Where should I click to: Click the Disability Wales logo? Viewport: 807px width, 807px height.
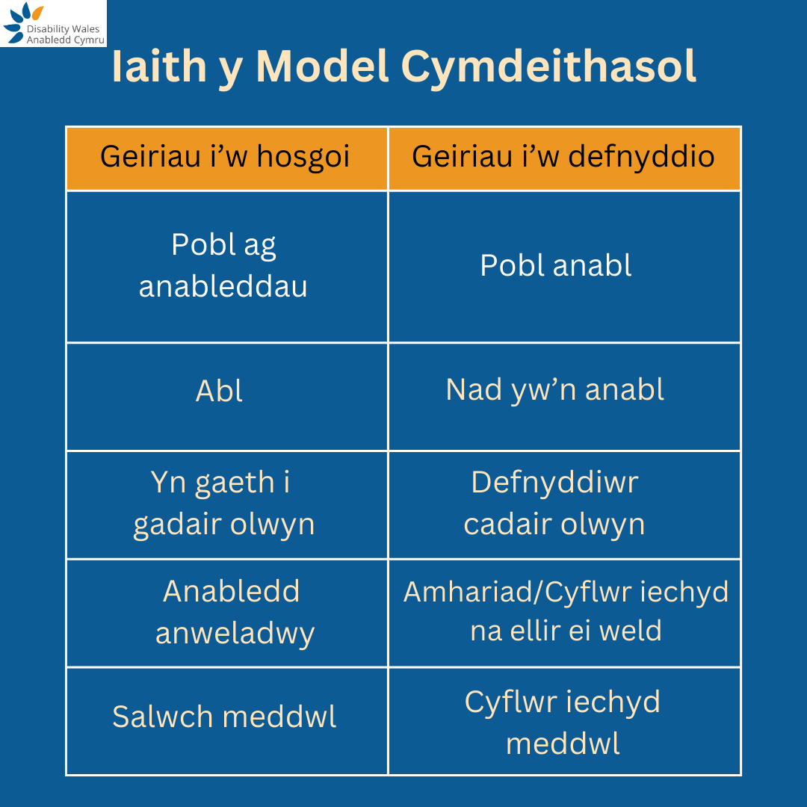click(x=52, y=24)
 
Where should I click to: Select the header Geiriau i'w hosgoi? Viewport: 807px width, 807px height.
click(x=226, y=158)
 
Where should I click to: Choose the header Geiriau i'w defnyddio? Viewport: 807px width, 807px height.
click(x=563, y=158)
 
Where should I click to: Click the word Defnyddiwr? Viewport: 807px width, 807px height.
click(x=554, y=483)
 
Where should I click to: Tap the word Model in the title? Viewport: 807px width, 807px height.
click(x=324, y=67)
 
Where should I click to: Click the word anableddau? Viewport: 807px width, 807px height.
click(x=223, y=287)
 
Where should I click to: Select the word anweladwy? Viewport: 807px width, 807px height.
click(x=235, y=634)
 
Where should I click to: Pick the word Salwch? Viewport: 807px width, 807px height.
click(x=163, y=717)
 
